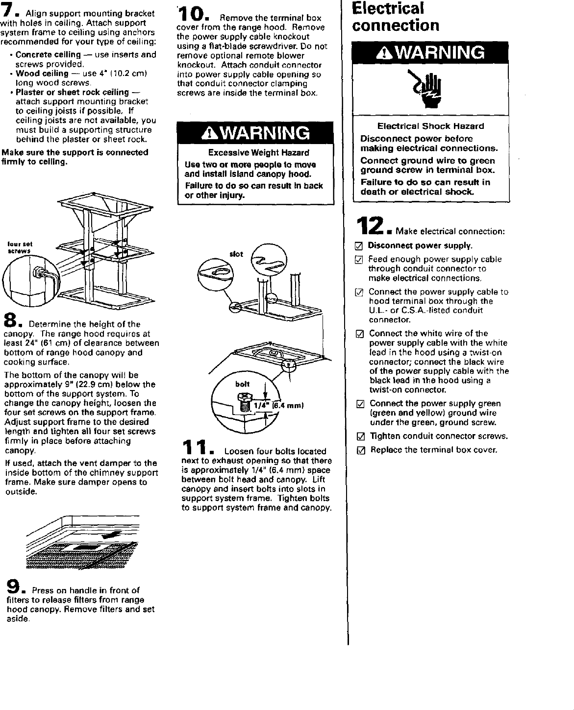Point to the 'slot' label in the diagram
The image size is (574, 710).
[x=236, y=254]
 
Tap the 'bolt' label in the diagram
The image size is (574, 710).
[x=242, y=385]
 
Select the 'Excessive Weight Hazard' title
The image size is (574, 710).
[x=258, y=153]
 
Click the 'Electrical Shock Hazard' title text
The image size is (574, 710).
[x=430, y=126]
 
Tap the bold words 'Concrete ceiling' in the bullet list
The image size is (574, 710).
[x=48, y=54]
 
